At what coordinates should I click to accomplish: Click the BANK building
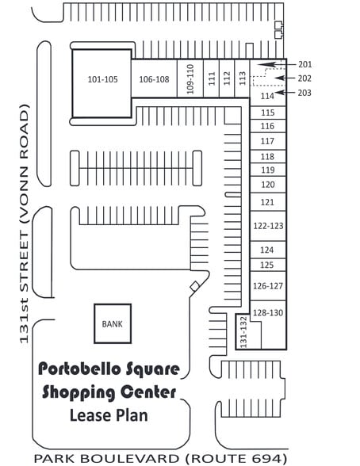click(x=113, y=323)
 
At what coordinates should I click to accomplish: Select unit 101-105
click(x=102, y=83)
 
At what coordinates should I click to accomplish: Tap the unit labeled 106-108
click(x=155, y=78)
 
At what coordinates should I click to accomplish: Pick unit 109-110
click(x=190, y=78)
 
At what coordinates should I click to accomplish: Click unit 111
click(x=212, y=78)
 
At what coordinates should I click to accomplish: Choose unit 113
click(x=242, y=78)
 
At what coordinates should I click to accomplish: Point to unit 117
click(x=267, y=141)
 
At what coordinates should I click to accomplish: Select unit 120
click(x=267, y=185)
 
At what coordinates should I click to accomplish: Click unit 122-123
click(x=268, y=226)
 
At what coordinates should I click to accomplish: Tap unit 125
click(x=267, y=265)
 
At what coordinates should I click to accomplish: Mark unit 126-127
click(x=268, y=286)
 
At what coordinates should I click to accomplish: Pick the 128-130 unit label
click(x=268, y=312)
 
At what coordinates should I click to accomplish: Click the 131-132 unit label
click(x=243, y=331)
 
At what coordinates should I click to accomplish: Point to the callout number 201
click(x=305, y=64)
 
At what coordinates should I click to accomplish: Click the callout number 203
click(x=304, y=93)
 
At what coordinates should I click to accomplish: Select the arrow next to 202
click(x=285, y=78)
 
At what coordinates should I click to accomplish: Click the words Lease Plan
click(x=109, y=415)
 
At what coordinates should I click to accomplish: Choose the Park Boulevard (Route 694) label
click(x=160, y=458)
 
